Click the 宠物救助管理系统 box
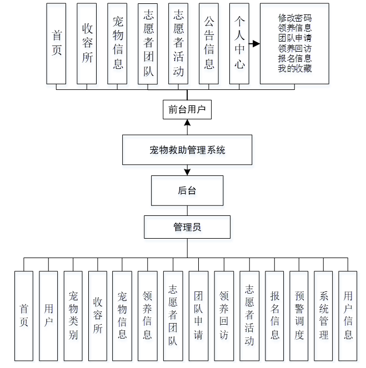tap(187, 149)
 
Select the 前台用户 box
tap(187, 110)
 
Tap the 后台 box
tap(187, 190)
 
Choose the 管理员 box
tap(187, 227)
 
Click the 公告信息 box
tap(209, 43)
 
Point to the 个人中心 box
tap(239, 43)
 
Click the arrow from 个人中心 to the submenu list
tap(254, 43)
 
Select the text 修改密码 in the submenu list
tap(294, 18)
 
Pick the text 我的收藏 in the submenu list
tap(294, 69)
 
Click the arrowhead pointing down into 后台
tap(187, 173)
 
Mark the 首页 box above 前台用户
tap(57, 43)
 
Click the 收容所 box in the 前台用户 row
tap(87, 43)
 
